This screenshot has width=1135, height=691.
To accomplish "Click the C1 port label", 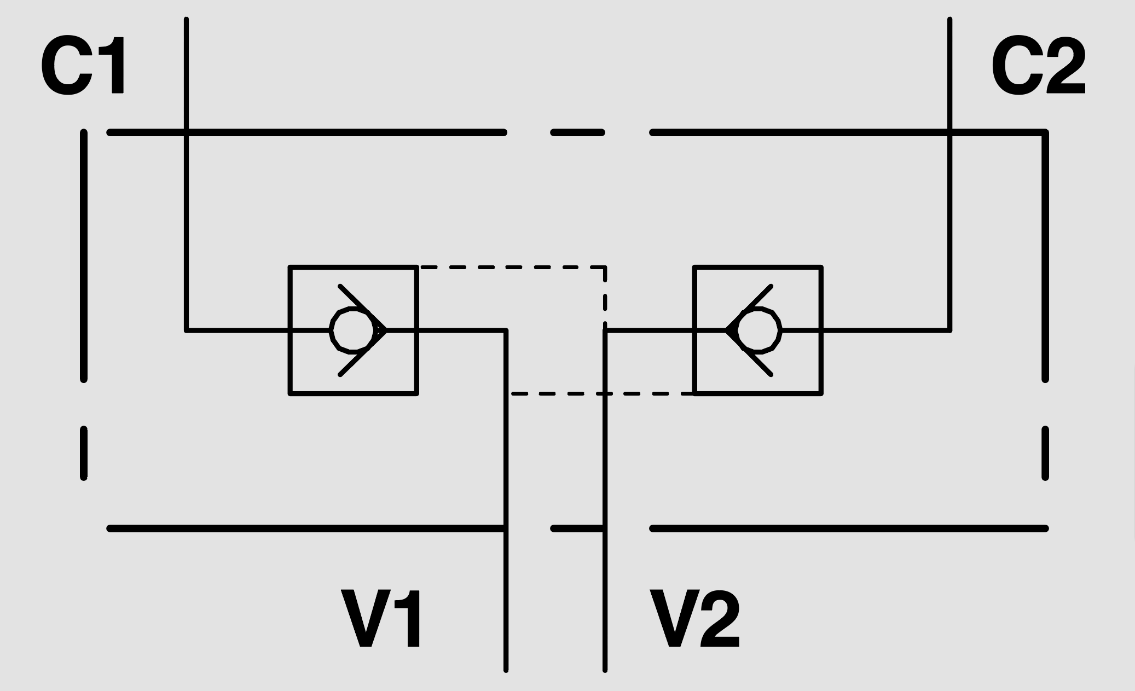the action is tap(84, 67).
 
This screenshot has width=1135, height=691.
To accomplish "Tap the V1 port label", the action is tap(382, 619).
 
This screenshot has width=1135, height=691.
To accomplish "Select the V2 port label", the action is tap(694, 619).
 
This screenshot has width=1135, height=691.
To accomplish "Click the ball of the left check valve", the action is tap(352, 330).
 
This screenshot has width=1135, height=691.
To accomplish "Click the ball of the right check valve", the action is tap(759, 330).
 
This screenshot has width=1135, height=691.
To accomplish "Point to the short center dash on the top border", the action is tap(577, 132).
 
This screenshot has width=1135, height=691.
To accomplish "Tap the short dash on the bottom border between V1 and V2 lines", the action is tap(578, 529).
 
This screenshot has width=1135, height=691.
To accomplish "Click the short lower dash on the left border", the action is tap(84, 454).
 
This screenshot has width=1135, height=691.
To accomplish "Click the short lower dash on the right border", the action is tap(1045, 454).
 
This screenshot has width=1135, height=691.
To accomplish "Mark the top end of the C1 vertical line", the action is tap(187, 19).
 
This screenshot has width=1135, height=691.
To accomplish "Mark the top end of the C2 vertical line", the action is tap(949, 19).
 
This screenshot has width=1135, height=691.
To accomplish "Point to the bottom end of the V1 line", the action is tap(506, 670).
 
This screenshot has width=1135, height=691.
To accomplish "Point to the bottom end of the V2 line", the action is tap(605, 670).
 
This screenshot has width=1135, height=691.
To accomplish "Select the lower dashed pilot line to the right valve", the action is tap(602, 393).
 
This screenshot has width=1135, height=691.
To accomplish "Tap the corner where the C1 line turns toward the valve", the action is tap(187, 330).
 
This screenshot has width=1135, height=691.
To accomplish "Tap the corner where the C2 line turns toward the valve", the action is tap(949, 330).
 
